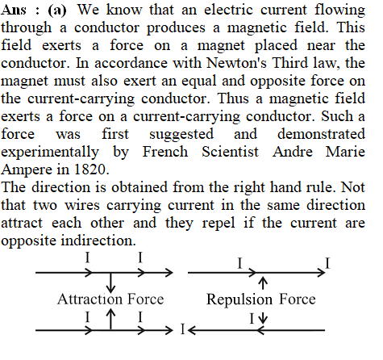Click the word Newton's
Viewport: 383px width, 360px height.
[x=236, y=63]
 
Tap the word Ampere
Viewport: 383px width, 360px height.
[x=27, y=170]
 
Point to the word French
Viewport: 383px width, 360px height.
[x=165, y=152]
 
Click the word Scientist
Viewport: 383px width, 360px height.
[x=230, y=152]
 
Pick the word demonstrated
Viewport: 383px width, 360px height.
[x=321, y=134]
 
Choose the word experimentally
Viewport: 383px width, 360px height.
[x=50, y=153]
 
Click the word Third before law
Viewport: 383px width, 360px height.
[x=290, y=63]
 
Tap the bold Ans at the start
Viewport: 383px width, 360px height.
[x=14, y=10]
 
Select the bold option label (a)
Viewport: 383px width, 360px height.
[x=57, y=10]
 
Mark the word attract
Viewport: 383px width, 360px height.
[x=22, y=223]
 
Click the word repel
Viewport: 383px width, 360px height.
[x=219, y=224]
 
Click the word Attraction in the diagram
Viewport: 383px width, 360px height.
[x=90, y=299]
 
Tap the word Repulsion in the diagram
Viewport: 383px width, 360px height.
[x=239, y=300]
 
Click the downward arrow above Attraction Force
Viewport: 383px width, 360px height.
[x=110, y=283]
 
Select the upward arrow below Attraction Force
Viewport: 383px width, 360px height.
[x=110, y=319]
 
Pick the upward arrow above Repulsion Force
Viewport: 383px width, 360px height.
[x=263, y=283]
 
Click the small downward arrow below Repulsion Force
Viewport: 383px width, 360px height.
[x=263, y=317]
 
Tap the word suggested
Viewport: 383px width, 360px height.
[x=181, y=135]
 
